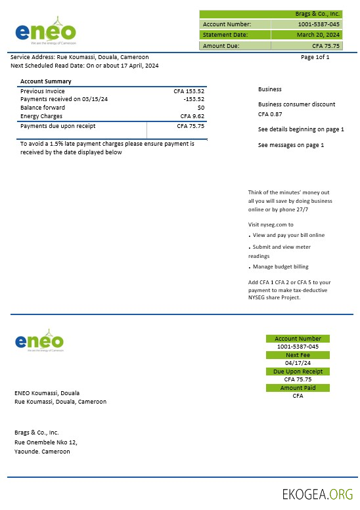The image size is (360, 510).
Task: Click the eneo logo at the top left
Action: point(45,31)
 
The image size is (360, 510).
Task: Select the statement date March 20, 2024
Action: point(318,34)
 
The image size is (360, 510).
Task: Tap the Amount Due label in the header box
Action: point(221,46)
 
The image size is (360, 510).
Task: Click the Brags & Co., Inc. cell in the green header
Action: point(317,14)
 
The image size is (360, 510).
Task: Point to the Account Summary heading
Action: point(46,81)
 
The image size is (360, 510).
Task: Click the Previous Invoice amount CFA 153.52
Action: point(190,91)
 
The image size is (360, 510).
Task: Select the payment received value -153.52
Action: point(194,99)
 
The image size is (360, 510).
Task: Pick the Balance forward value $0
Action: point(200,108)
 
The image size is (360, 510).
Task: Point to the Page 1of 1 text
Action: point(315,57)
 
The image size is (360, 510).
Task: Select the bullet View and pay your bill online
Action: point(288,235)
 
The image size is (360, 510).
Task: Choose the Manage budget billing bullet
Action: point(281,266)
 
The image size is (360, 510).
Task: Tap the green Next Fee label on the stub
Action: point(298,355)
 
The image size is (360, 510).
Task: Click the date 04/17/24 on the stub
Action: point(298,363)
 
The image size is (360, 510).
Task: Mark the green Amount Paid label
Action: point(298,388)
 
